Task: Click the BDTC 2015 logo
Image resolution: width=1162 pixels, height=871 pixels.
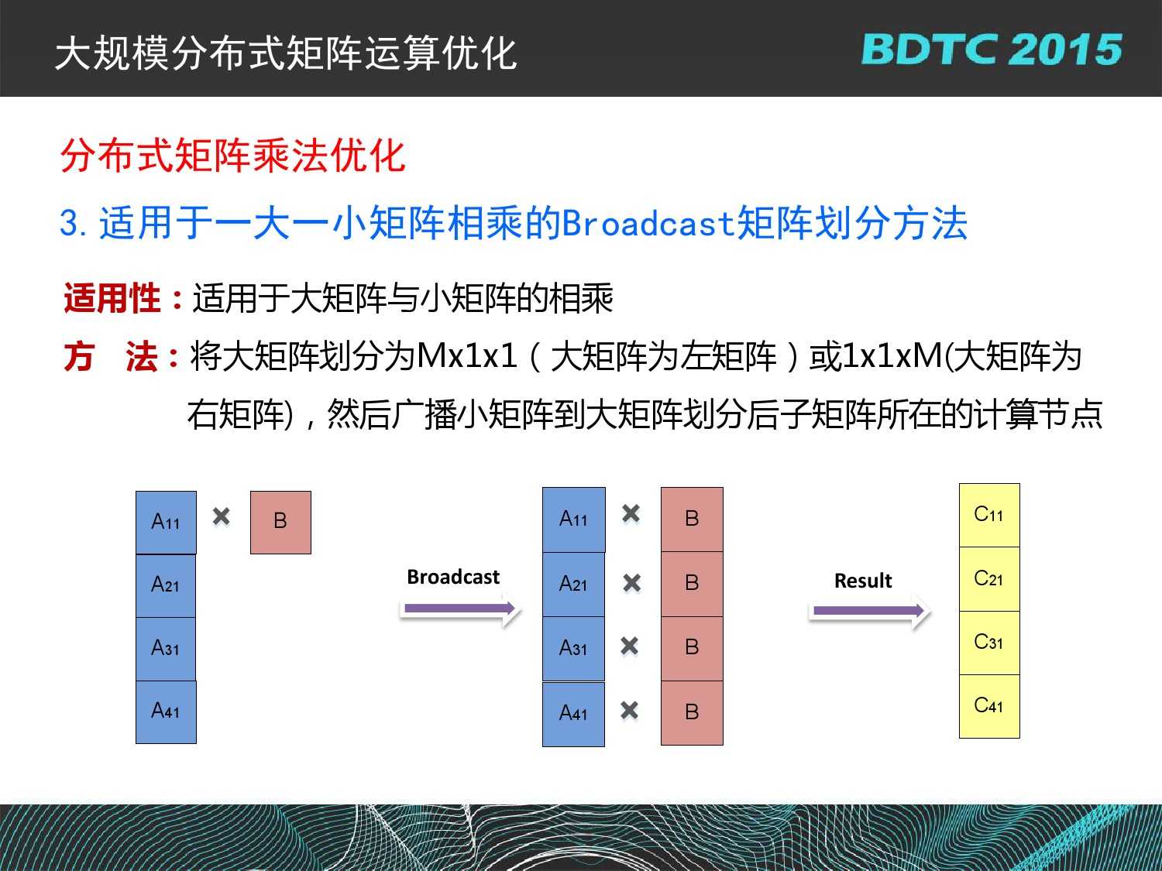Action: tap(992, 50)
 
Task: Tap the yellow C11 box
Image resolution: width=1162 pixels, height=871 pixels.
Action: tap(989, 515)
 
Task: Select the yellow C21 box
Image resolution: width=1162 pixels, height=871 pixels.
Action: tap(989, 579)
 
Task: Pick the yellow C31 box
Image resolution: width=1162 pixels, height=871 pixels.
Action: tap(989, 643)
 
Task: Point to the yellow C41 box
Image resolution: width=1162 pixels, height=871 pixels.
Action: tap(989, 706)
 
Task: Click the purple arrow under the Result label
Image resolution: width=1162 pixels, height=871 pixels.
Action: tap(868, 611)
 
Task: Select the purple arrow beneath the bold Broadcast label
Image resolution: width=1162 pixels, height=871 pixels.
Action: tap(459, 609)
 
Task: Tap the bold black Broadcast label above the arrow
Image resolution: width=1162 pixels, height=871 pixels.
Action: tap(453, 577)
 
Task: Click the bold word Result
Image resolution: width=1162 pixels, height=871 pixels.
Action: tap(863, 581)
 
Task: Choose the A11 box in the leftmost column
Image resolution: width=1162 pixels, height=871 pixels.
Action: tap(167, 523)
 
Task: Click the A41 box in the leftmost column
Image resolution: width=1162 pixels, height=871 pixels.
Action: tap(167, 712)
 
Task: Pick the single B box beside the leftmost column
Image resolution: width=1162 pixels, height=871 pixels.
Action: tap(280, 523)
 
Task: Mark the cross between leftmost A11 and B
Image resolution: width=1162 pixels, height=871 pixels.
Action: tap(222, 516)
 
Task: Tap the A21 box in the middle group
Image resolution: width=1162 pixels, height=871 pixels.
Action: tap(573, 585)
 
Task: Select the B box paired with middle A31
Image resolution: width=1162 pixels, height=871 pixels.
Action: tap(692, 648)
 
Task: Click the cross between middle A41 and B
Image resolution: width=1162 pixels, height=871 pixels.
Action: tap(630, 711)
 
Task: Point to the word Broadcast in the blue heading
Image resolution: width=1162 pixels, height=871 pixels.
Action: tap(648, 223)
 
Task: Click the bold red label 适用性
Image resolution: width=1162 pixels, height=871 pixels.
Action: tap(112, 299)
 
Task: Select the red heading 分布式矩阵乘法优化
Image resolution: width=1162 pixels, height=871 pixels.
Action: tap(233, 156)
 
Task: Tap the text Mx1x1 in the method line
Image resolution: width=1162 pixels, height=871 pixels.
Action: tap(467, 356)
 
